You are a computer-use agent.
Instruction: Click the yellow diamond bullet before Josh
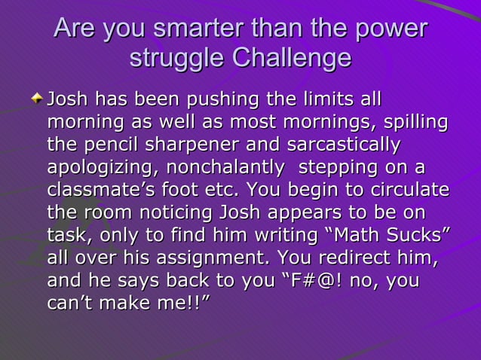tap(38, 99)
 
